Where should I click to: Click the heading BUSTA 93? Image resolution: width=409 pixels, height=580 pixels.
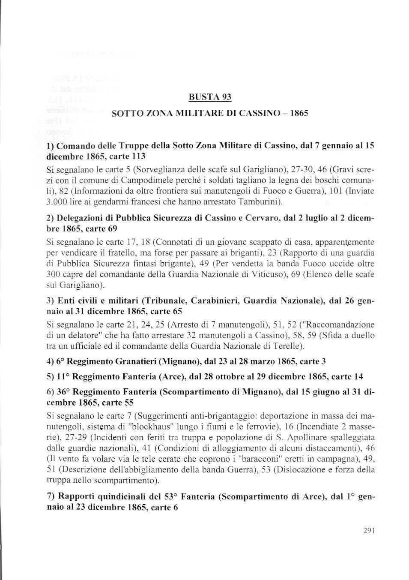[210, 97]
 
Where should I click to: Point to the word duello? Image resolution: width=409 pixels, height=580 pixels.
[361, 335]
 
